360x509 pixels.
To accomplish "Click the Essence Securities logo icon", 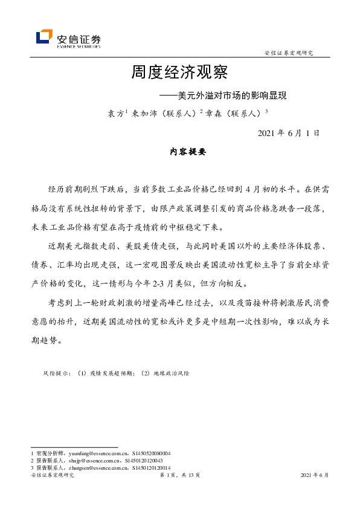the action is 44,37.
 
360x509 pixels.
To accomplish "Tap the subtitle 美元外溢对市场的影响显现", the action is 231,95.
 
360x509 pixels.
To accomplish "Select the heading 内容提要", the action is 180,153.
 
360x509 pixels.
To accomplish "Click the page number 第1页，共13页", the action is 179,476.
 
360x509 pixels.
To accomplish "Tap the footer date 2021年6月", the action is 315,476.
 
